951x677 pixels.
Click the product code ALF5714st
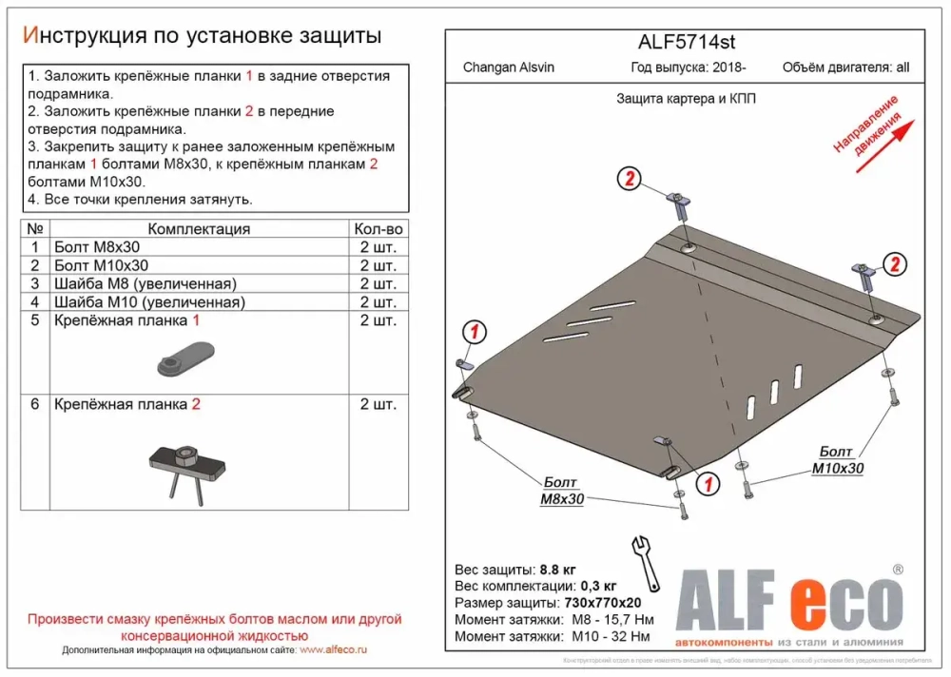coord(685,43)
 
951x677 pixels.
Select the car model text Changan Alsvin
coord(508,68)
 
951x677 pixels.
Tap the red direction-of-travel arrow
coord(884,145)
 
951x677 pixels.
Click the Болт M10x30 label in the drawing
coord(838,460)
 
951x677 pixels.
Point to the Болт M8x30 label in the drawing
coord(562,491)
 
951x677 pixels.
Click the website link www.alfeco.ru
coord(334,650)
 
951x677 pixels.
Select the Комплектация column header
coord(199,229)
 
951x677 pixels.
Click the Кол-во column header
coord(378,229)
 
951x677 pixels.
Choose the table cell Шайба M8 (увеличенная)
coord(146,284)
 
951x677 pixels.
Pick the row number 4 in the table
coord(34,302)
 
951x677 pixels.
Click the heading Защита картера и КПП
coord(686,98)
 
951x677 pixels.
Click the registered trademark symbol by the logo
coord(897,570)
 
